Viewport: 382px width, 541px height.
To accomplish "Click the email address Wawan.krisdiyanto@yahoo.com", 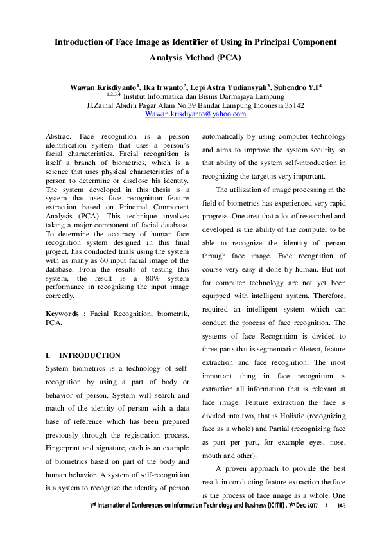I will pos(196,114).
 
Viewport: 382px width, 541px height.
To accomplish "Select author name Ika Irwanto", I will pos(159,87).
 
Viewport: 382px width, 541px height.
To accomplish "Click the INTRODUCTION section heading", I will pos(89,355).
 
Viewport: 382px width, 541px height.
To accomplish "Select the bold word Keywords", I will pos(62,314).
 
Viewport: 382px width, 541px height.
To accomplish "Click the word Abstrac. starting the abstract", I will pos(58,137).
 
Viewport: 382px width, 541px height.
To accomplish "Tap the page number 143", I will pos(342,507).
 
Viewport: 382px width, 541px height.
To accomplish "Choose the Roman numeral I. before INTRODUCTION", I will pos(48,355).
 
